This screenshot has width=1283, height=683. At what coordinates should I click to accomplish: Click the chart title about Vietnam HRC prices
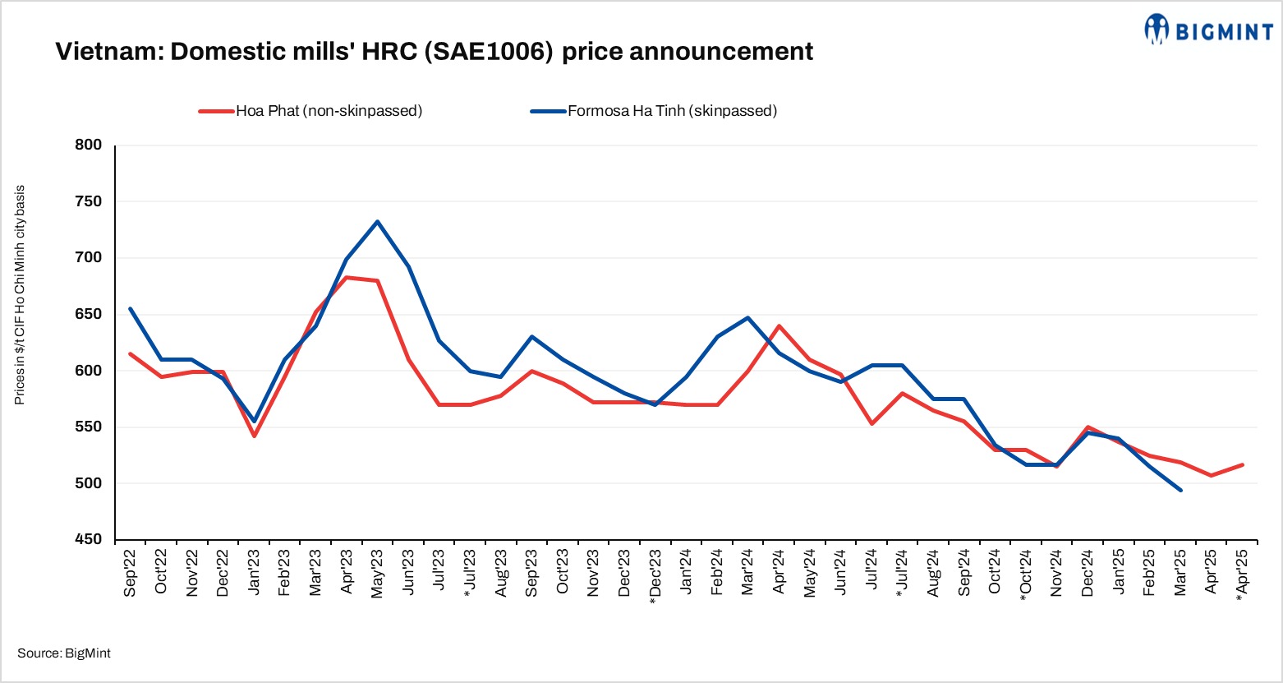[434, 52]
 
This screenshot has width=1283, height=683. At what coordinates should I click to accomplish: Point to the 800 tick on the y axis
[88, 145]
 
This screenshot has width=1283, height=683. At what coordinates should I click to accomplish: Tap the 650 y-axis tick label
[88, 315]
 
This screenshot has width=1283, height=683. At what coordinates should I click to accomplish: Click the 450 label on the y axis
[88, 540]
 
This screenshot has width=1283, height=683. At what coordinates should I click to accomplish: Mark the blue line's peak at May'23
[377, 221]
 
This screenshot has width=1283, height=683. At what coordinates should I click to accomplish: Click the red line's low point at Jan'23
[254, 436]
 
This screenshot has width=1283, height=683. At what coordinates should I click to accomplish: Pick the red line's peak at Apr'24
[778, 326]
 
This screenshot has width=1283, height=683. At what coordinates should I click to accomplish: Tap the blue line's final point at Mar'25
[1180, 490]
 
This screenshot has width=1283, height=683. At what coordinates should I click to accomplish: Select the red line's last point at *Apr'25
[1242, 464]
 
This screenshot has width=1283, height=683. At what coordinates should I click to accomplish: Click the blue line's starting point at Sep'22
[131, 308]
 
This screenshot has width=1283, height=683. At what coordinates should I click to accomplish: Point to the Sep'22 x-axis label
[131, 571]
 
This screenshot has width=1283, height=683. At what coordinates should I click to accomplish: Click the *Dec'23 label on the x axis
[655, 575]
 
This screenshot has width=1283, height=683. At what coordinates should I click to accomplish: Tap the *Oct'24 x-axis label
[1026, 575]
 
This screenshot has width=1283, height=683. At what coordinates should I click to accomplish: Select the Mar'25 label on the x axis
[1180, 571]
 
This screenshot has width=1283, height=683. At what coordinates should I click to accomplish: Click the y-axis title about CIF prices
[20, 294]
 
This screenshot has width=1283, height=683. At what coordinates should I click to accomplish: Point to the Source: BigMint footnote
[64, 653]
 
